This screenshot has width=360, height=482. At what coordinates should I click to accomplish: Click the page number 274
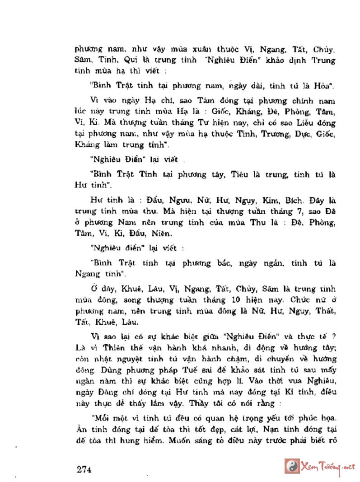84,469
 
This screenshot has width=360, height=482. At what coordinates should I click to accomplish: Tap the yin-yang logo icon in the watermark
292,466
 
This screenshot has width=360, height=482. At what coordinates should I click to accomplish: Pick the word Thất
325,311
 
